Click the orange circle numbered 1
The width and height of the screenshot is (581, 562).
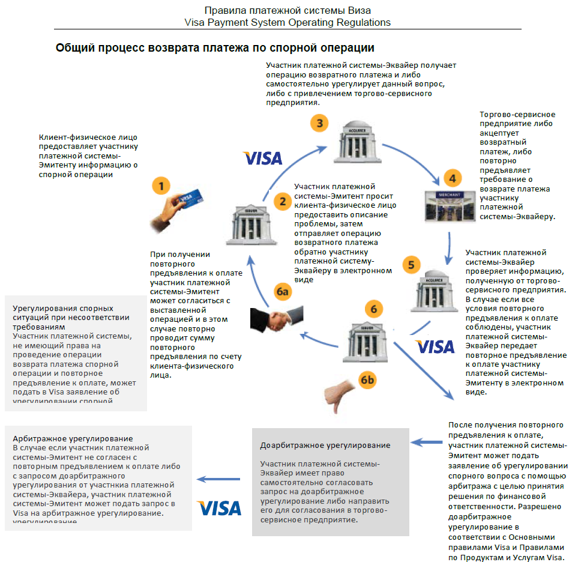pyautogui.click(x=161, y=186)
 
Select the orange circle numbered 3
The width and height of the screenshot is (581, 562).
pyautogui.click(x=320, y=124)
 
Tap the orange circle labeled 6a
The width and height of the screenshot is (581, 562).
pyautogui.click(x=283, y=292)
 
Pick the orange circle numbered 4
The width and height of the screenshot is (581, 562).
pyautogui.click(x=453, y=178)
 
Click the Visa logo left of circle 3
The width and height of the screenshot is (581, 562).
pyautogui.click(x=263, y=159)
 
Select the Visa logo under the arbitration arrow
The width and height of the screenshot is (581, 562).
pyautogui.click(x=220, y=508)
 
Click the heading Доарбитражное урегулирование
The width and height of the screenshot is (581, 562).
pyautogui.click(x=325, y=446)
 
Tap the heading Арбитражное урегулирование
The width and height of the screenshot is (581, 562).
pyautogui.click(x=73, y=439)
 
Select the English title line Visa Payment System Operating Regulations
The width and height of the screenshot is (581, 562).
pyautogui.click(x=287, y=23)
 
